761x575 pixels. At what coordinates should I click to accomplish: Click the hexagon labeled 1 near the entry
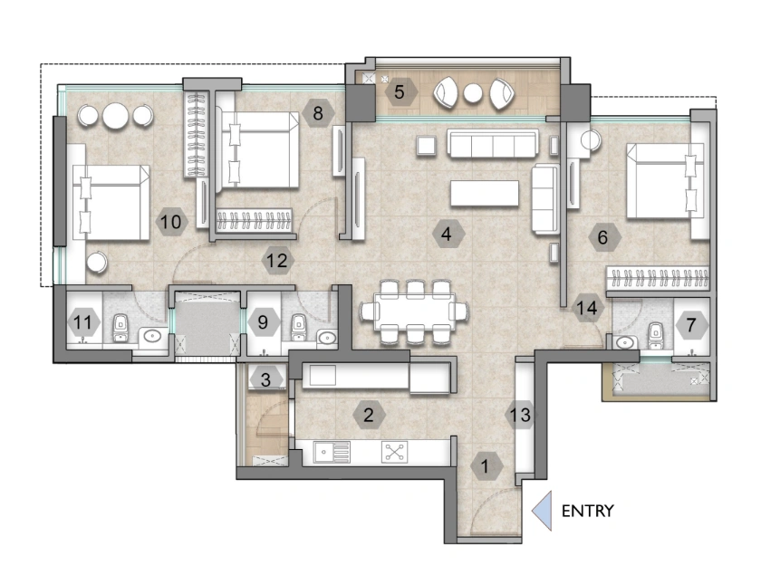(x=486, y=467)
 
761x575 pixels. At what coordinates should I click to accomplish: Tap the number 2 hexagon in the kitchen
(x=368, y=416)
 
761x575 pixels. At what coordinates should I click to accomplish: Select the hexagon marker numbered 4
(x=446, y=234)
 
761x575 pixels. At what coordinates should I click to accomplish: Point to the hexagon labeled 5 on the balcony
(x=398, y=91)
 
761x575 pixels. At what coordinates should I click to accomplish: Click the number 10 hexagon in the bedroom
(x=172, y=220)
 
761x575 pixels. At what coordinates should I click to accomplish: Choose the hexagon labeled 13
(x=519, y=415)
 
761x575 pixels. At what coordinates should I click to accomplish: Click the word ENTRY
(x=587, y=511)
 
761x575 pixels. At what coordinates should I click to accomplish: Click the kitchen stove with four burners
(x=394, y=453)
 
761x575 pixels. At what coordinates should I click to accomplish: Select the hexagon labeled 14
(x=588, y=309)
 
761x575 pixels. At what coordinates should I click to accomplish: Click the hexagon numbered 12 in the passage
(x=277, y=262)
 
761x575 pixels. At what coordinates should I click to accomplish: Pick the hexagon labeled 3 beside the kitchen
(x=265, y=379)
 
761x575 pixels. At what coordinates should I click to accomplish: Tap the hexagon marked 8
(x=318, y=113)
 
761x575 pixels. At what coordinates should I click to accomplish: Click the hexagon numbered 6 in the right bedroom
(x=603, y=239)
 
